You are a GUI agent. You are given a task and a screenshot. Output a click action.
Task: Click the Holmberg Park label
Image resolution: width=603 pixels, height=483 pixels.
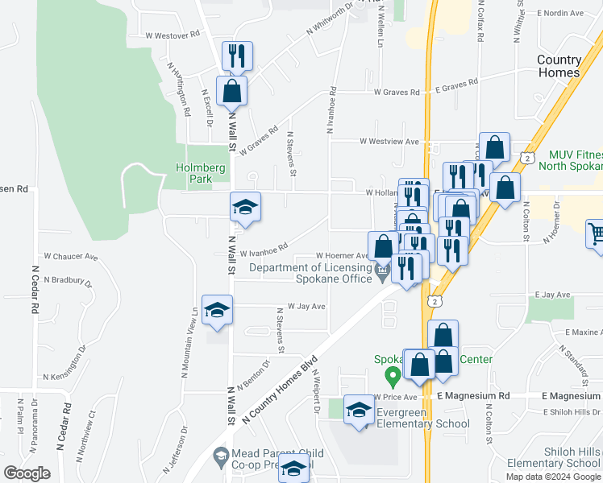193,174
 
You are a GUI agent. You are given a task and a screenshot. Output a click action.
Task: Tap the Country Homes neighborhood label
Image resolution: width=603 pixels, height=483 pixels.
559,66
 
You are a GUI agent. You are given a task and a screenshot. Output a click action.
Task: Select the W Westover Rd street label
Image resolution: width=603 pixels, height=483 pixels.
173,35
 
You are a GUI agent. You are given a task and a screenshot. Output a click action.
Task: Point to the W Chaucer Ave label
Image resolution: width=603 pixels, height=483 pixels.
70,257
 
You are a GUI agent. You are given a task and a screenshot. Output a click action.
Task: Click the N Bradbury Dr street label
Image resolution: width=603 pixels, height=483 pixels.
69,280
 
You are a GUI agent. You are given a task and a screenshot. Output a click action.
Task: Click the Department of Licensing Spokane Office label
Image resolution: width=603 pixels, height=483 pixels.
310,274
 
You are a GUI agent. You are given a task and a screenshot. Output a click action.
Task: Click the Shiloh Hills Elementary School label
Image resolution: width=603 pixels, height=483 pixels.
555,456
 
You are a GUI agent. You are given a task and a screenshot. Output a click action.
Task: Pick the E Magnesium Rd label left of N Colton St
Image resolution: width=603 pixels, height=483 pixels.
474,396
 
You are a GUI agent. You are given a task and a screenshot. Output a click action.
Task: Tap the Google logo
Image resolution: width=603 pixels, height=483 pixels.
27,473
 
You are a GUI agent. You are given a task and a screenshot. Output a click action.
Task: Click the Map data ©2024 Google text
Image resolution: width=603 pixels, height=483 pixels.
552,477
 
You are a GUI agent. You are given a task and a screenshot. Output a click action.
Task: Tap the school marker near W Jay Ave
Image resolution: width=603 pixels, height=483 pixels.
217,310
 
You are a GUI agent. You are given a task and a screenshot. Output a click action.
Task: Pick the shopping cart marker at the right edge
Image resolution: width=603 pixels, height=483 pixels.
595,234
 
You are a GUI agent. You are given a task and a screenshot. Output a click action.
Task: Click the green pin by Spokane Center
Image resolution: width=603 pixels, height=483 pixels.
393,375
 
